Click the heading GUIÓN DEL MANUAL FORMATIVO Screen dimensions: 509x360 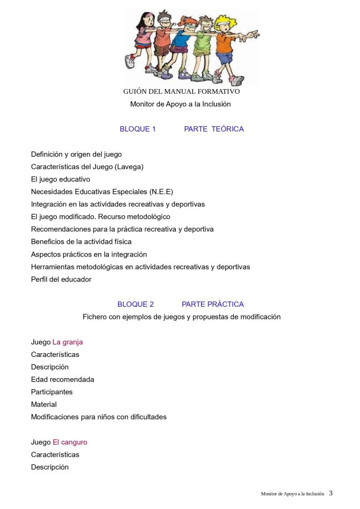pyautogui.click(x=181, y=91)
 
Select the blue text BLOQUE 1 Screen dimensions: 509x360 pyautogui.click(x=137, y=129)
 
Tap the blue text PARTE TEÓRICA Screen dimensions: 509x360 pyautogui.click(x=214, y=129)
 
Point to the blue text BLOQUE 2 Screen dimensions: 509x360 pyautogui.click(x=135, y=304)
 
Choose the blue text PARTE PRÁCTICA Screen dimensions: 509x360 pyautogui.click(x=213, y=304)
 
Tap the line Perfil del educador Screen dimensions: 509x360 pyautogui.click(x=61, y=279)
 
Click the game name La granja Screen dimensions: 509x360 pyautogui.click(x=67, y=342)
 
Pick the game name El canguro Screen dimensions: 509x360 pyautogui.click(x=70, y=442)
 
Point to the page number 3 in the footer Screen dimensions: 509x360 pyautogui.click(x=330, y=493)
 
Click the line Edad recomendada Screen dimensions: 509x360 pyautogui.click(x=62, y=379)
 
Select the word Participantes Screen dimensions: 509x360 pyautogui.click(x=52, y=392)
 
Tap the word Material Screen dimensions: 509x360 pyautogui.click(x=44, y=404)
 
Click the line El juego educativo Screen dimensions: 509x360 pyautogui.click(x=60, y=179)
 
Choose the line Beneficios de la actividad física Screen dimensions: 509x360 pyautogui.click(x=81, y=242)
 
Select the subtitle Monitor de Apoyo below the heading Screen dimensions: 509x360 pyautogui.click(x=180, y=104)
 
